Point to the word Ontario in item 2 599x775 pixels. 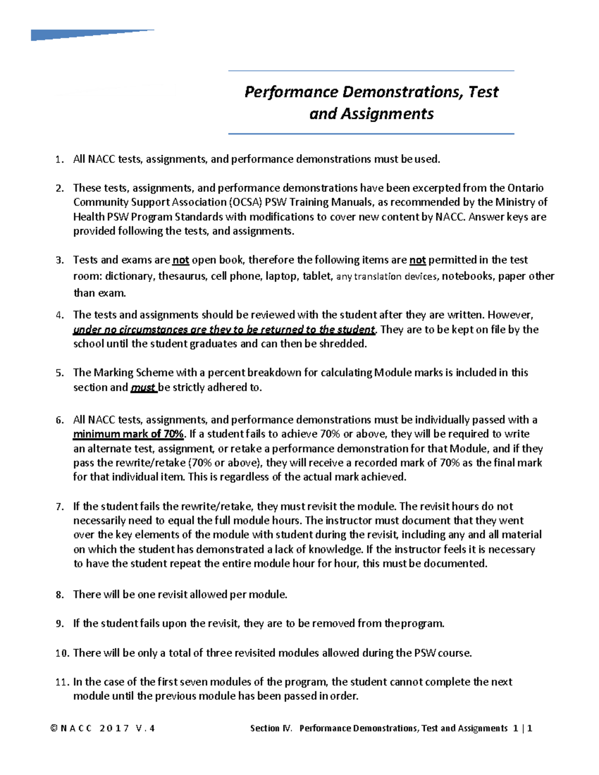pyautogui.click(x=525, y=188)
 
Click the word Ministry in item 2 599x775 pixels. pyautogui.click(x=516, y=202)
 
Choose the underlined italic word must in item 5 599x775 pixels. pyautogui.click(x=143, y=388)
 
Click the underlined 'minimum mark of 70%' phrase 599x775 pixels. pyautogui.click(x=128, y=434)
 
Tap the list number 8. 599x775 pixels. pyautogui.click(x=60, y=595)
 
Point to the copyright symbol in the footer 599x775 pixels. pyautogui.click(x=53, y=729)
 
